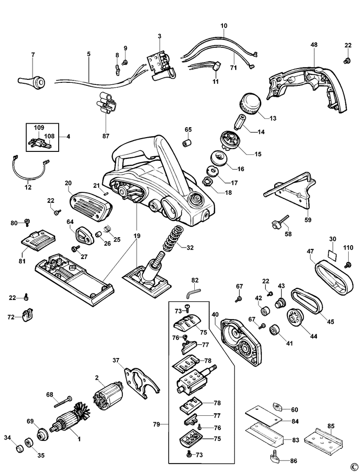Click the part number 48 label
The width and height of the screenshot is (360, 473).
314,45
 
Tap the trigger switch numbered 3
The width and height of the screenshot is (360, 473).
161,66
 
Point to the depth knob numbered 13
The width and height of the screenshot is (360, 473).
252,103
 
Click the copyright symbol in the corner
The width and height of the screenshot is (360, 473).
353,466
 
